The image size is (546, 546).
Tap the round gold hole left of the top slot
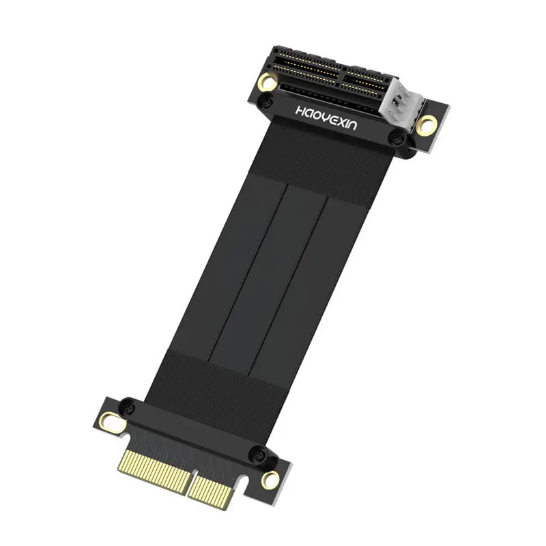[x=268, y=82]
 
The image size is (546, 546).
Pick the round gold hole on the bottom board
[x=270, y=479]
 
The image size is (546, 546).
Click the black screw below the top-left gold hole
[x=266, y=102]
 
